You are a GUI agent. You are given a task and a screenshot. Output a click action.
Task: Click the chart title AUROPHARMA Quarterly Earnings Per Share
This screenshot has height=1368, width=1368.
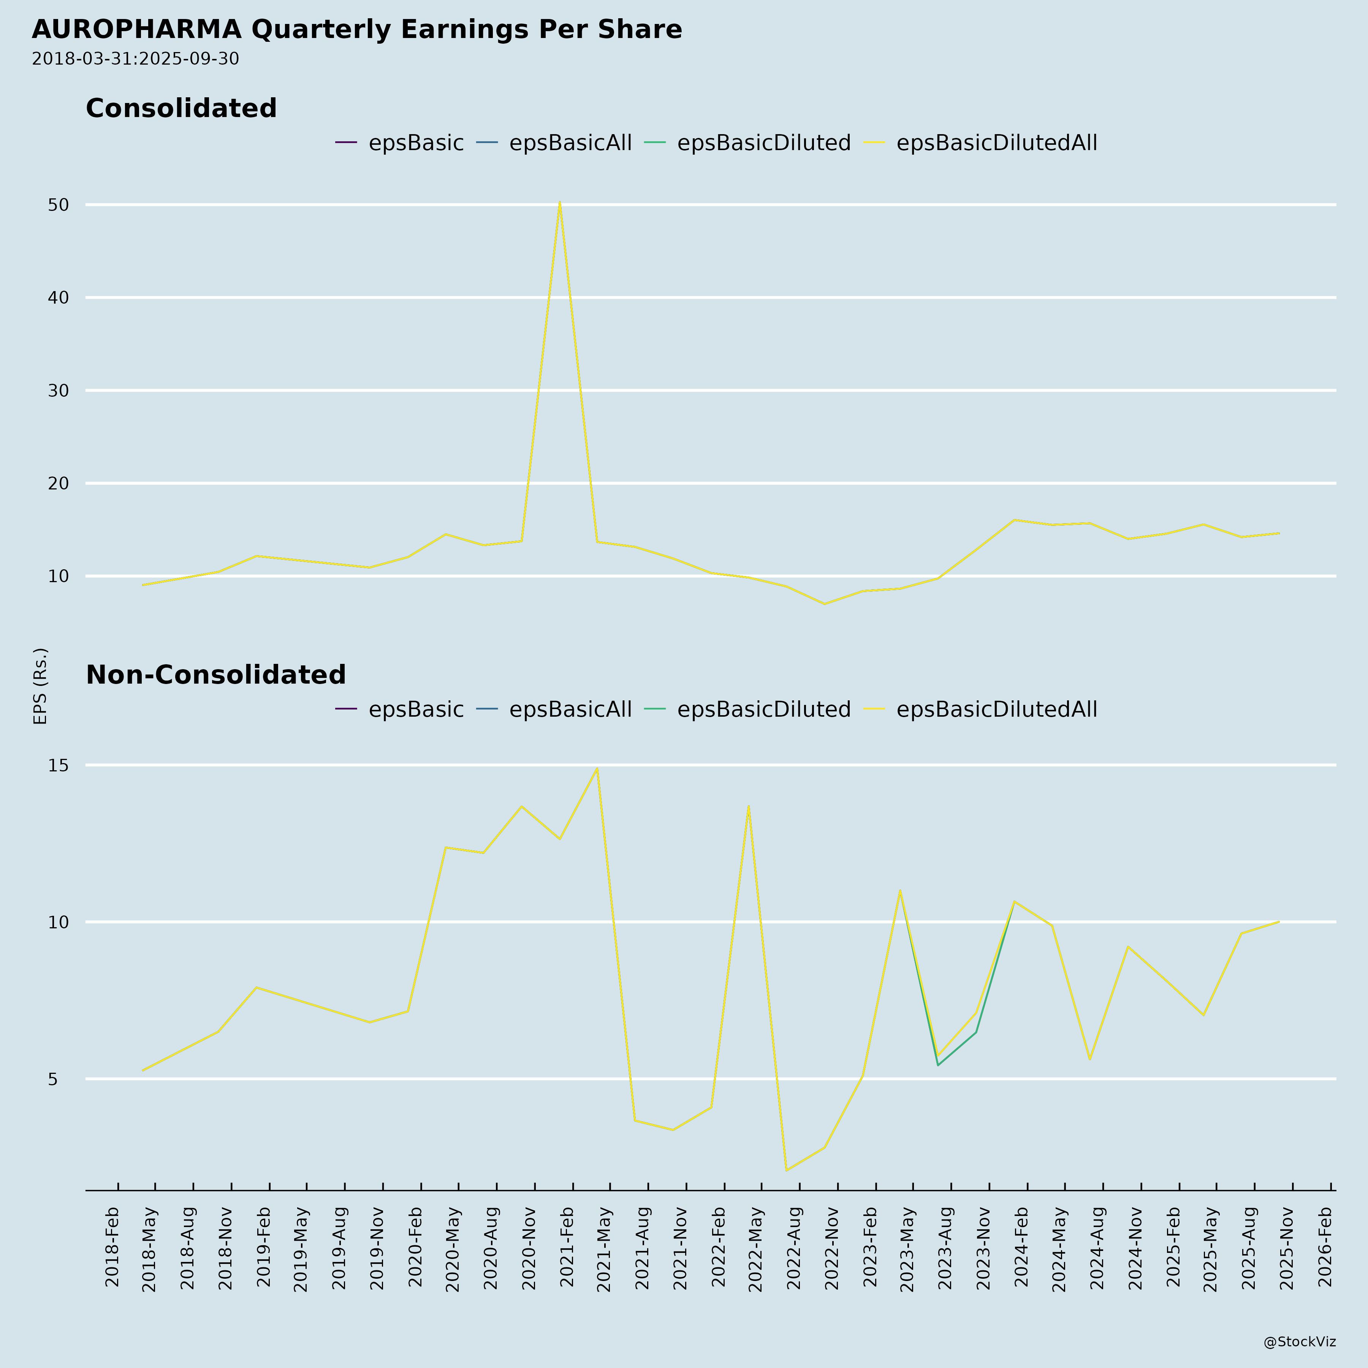(357, 30)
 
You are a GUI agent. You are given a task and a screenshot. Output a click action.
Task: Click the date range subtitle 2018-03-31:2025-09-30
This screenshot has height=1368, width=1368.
(135, 59)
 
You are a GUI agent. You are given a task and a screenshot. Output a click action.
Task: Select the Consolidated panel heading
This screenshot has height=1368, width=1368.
(181, 108)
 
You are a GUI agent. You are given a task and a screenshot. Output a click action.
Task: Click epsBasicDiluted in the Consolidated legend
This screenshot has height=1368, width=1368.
(763, 143)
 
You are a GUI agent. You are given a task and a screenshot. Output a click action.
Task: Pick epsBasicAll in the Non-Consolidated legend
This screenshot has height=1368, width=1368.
(570, 709)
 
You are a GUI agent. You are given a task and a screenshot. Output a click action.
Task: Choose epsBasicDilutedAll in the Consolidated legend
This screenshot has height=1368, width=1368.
(996, 143)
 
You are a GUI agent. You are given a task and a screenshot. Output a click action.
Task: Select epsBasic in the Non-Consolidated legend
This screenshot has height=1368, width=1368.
(416, 709)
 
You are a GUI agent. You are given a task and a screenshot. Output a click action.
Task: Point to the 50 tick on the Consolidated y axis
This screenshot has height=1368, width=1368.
(59, 205)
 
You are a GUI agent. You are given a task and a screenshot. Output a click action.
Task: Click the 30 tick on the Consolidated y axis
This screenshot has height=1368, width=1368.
(59, 391)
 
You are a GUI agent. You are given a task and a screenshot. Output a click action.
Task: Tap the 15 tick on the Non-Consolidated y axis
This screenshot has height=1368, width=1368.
(59, 765)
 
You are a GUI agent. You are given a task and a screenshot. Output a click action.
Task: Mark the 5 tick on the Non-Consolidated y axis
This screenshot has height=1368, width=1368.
(52, 1079)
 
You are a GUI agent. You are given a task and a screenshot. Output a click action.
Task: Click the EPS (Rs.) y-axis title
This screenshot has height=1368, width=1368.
(40, 686)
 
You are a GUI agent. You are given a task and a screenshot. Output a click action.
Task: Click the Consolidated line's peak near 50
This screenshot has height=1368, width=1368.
(559, 203)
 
